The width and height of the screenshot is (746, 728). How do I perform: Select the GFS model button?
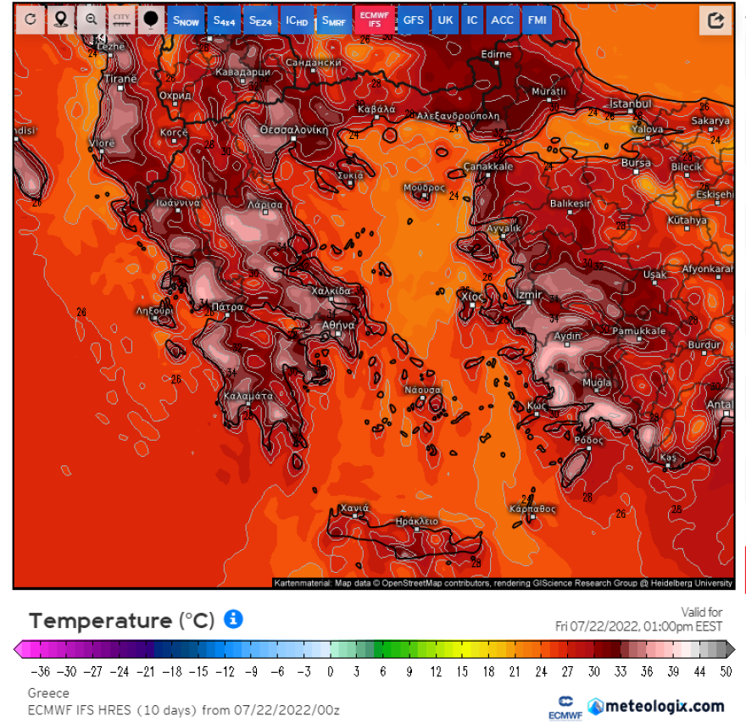click(x=413, y=20)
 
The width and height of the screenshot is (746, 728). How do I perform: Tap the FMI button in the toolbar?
click(x=537, y=20)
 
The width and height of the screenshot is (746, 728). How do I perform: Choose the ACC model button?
click(x=502, y=20)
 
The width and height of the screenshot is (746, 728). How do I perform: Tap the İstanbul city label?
click(x=631, y=104)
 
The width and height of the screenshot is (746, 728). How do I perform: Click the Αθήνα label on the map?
click(x=337, y=325)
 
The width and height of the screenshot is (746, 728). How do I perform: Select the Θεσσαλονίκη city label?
click(x=293, y=131)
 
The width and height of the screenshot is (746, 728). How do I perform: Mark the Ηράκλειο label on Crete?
click(x=416, y=521)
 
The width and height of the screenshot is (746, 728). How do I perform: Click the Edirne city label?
click(x=496, y=55)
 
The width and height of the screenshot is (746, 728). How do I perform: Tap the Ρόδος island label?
click(x=588, y=441)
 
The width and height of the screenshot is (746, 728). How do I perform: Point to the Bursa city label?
click(x=636, y=164)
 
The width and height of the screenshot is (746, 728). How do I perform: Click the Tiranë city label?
click(x=120, y=79)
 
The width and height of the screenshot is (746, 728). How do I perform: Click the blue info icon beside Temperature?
click(x=233, y=620)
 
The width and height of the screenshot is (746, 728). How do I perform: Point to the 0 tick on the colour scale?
click(x=331, y=672)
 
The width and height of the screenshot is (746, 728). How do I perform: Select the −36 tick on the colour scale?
click(x=40, y=672)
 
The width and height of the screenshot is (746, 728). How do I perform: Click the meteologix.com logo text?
click(x=666, y=706)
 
